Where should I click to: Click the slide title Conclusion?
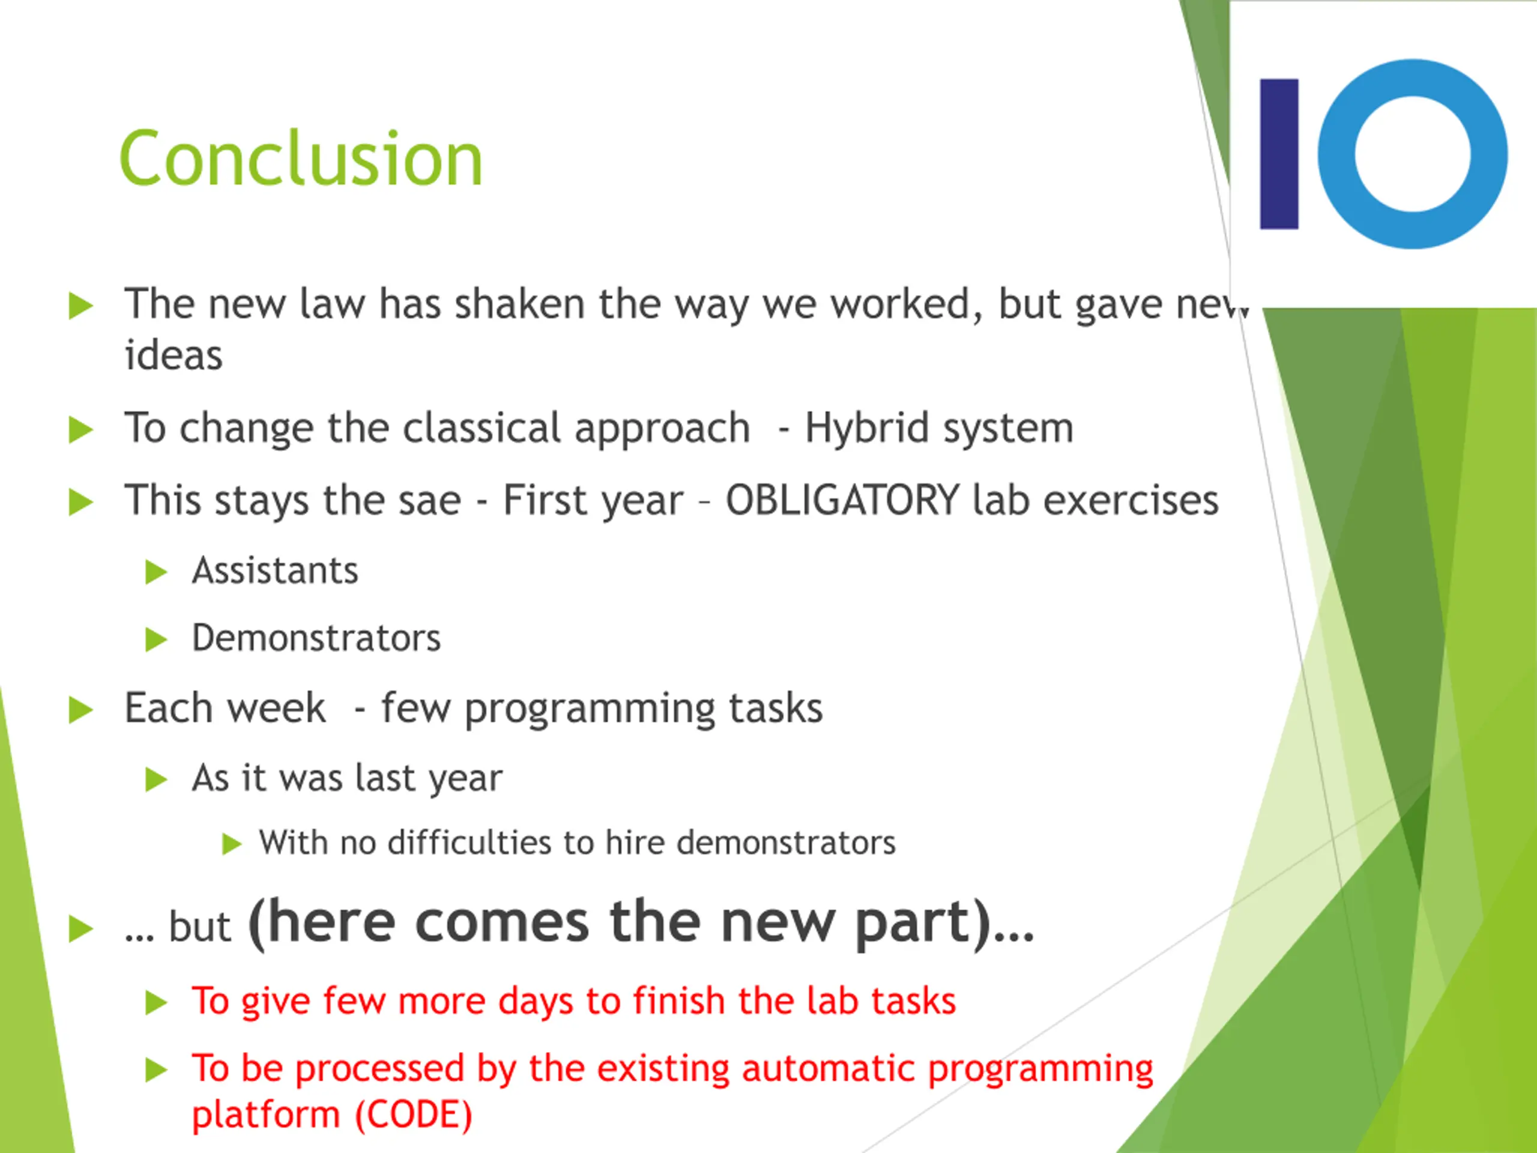point(301,159)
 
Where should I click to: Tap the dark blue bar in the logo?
point(1279,154)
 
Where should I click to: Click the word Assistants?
point(275,570)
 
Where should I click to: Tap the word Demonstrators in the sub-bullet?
point(316,638)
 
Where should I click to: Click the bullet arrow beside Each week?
point(80,710)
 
